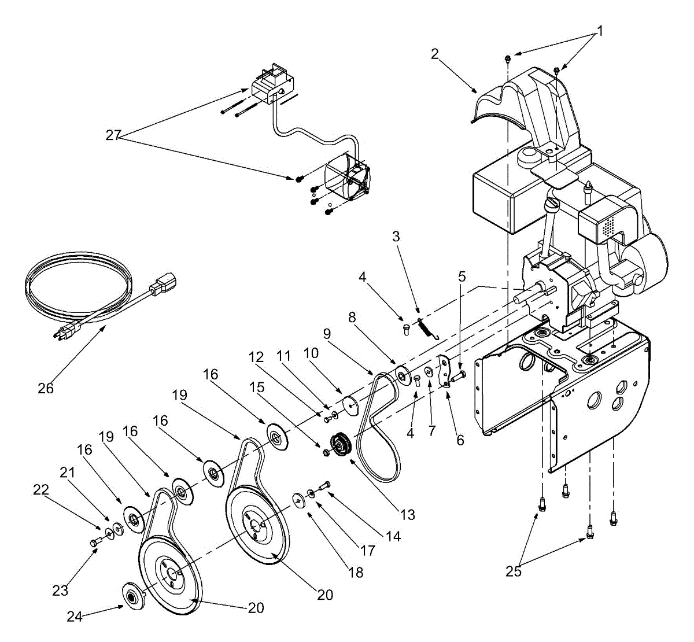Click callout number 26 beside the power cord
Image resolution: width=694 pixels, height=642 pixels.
pyautogui.click(x=46, y=388)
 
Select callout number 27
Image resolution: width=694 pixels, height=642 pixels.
pyautogui.click(x=113, y=135)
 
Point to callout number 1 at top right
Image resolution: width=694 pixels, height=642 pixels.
pyautogui.click(x=600, y=31)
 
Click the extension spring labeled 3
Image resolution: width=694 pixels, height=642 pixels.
pyautogui.click(x=425, y=327)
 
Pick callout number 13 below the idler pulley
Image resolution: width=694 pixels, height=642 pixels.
pyautogui.click(x=407, y=514)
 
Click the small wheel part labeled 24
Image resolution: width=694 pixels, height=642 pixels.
pyautogui.click(x=132, y=595)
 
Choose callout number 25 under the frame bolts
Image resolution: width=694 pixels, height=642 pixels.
pyautogui.click(x=514, y=571)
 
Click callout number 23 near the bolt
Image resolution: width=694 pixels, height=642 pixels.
pyautogui.click(x=60, y=591)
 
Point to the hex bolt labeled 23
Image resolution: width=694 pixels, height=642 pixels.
pyautogui.click(x=95, y=542)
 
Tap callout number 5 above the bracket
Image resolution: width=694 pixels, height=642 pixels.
pyautogui.click(x=462, y=276)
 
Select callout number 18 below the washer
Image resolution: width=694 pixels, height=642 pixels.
pyautogui.click(x=356, y=572)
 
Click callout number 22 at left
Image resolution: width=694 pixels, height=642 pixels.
pyautogui.click(x=39, y=489)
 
